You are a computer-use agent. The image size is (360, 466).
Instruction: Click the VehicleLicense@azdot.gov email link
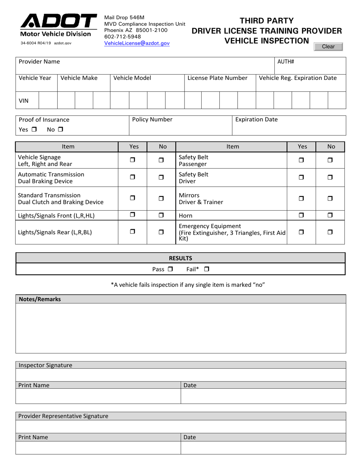click(x=137, y=44)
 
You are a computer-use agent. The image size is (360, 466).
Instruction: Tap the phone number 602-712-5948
click(x=122, y=37)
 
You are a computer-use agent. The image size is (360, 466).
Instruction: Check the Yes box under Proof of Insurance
click(x=34, y=130)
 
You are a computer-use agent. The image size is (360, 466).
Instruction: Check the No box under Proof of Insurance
click(x=60, y=130)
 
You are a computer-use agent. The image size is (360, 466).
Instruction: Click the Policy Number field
click(x=180, y=125)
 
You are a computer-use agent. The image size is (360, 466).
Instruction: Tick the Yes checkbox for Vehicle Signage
click(x=132, y=160)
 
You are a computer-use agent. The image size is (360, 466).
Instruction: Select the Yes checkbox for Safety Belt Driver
click(x=301, y=177)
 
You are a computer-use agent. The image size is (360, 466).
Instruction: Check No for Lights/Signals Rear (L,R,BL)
click(x=161, y=232)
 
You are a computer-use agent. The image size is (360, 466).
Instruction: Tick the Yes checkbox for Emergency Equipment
click(x=301, y=232)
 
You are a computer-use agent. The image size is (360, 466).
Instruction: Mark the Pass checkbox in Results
click(x=170, y=269)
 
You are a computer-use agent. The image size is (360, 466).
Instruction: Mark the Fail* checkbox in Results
click(x=207, y=269)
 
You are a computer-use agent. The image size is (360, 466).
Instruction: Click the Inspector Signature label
click(x=45, y=365)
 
